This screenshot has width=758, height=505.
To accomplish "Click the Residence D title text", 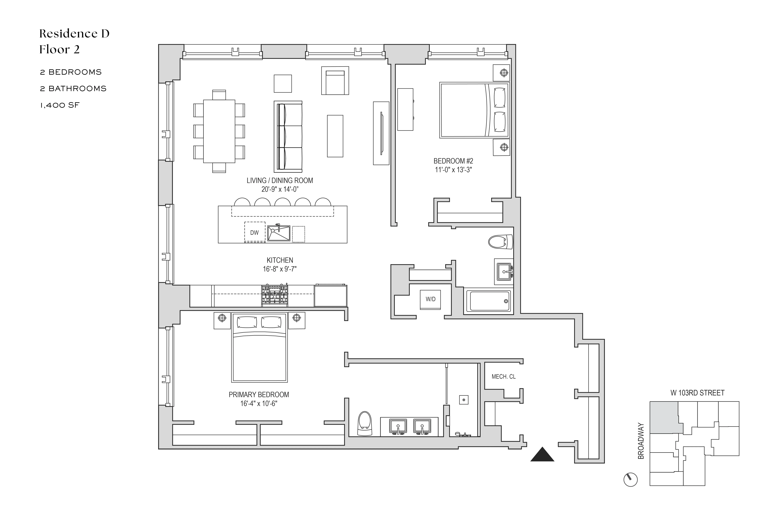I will pos(74,33).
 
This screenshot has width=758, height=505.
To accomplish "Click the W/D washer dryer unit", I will pos(430,299).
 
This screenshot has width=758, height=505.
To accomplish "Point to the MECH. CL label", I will pos(503,377).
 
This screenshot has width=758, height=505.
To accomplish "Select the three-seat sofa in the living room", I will pos(288,137).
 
